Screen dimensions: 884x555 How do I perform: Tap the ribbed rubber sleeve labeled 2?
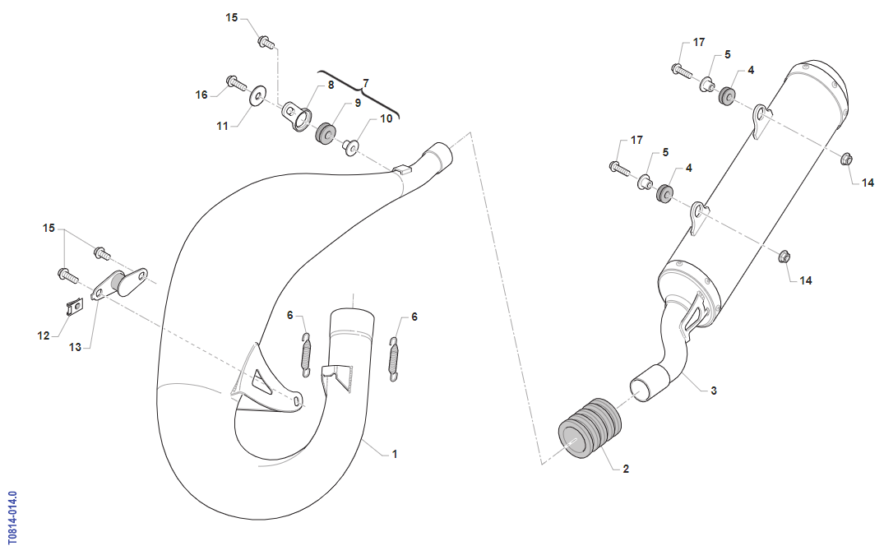[590, 431]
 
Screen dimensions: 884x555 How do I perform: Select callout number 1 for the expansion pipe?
[395, 454]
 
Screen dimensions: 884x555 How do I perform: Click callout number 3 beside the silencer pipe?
[713, 391]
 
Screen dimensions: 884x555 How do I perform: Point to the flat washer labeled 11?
[257, 96]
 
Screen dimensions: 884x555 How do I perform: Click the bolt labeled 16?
[236, 83]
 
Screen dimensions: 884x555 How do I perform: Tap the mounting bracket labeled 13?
[119, 284]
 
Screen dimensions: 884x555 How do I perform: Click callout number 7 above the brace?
[365, 83]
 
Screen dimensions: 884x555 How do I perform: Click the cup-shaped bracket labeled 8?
[297, 116]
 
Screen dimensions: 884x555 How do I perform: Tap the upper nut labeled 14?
[845, 159]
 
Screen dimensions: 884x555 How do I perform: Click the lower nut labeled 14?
[784, 257]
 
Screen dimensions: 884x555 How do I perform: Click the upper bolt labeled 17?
[682, 71]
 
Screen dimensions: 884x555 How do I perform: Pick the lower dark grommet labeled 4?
[664, 192]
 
